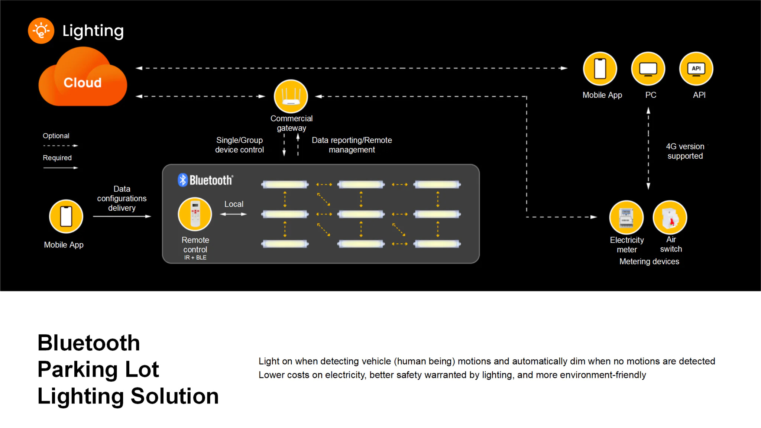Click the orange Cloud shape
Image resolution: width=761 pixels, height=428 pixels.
82,80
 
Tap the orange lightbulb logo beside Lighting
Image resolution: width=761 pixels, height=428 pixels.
41,31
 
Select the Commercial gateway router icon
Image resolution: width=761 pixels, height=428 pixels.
291,96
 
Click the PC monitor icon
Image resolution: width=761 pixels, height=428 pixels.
648,69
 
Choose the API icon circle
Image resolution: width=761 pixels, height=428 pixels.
696,69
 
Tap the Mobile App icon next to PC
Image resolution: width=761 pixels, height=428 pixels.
600,69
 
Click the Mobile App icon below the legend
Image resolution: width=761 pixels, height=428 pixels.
66,216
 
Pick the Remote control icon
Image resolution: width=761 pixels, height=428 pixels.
195,214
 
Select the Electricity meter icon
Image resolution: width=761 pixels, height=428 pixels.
626,217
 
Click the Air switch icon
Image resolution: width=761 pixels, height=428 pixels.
670,217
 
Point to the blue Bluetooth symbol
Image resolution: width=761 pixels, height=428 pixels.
182,180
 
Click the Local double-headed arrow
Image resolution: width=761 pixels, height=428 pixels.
233,214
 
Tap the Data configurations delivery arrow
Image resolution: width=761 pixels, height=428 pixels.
122,216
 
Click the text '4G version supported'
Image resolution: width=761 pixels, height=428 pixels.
685,151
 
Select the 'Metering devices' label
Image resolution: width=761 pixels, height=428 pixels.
649,262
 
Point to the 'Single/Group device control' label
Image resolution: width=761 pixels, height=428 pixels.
239,145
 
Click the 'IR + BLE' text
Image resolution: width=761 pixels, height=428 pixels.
195,257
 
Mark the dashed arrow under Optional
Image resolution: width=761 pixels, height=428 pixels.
60,146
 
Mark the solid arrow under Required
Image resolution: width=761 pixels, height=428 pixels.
60,168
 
